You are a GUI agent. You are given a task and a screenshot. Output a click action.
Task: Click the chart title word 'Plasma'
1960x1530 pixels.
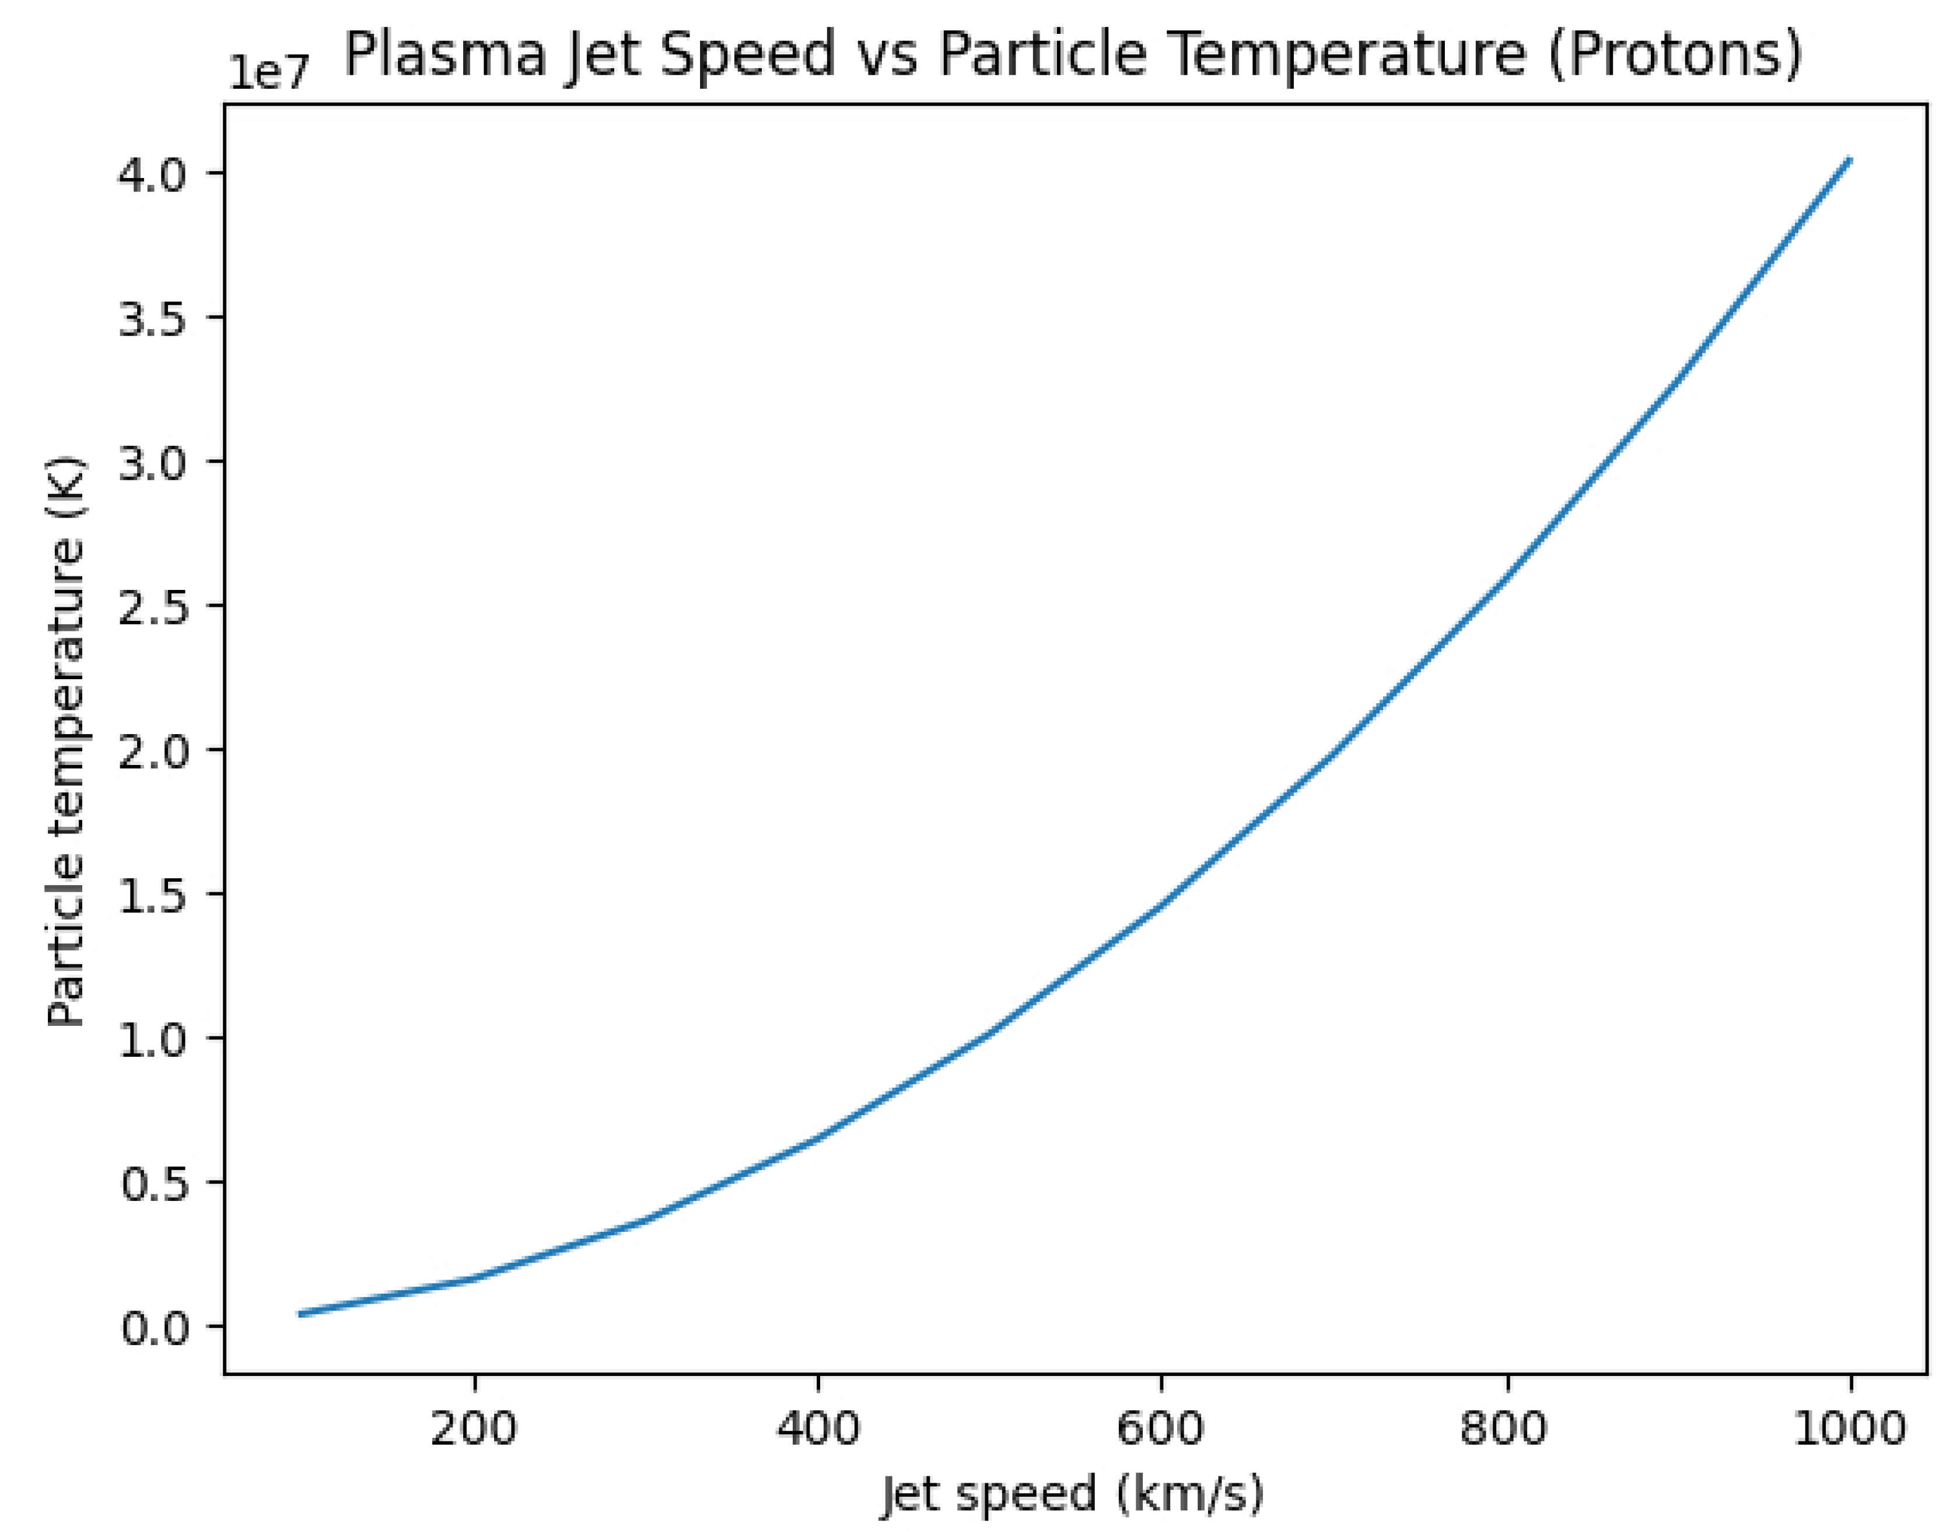click(x=446, y=53)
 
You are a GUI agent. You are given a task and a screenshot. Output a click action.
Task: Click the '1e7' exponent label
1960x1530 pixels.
click(x=268, y=72)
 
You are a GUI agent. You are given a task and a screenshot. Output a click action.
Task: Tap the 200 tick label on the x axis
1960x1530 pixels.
click(x=474, y=1428)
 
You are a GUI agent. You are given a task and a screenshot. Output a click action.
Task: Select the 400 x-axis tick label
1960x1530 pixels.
click(x=818, y=1428)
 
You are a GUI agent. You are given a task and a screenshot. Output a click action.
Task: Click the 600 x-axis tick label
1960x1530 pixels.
click(x=1161, y=1428)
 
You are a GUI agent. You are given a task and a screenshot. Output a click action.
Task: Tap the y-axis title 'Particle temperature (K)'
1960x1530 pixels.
click(x=66, y=740)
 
